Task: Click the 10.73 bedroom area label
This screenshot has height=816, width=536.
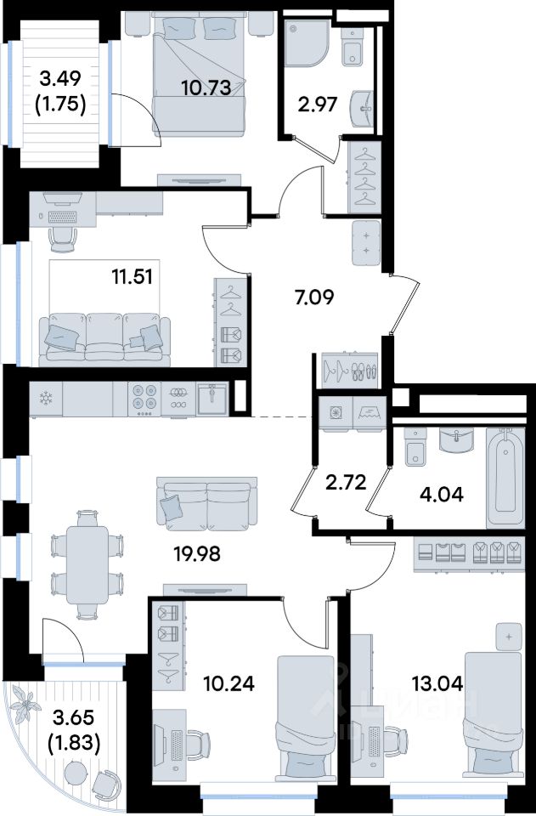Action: pos(206,88)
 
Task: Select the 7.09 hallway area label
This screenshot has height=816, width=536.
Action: pos(314,297)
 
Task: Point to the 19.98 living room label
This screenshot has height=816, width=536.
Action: pos(197,554)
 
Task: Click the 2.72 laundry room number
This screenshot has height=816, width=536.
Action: pos(346,482)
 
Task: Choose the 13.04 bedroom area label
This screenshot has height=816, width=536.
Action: pos(437,683)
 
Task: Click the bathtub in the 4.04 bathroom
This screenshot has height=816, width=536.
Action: pos(505,478)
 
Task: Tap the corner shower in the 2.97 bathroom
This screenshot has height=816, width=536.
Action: pos(307,43)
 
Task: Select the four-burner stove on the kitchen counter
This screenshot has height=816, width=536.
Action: pos(144,399)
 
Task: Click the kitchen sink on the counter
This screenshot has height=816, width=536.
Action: pos(212,399)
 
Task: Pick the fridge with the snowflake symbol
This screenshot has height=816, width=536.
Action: pos(46,399)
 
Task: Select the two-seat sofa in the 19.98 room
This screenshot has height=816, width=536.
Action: pos(207,502)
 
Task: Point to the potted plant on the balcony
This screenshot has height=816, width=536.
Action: pos(25,703)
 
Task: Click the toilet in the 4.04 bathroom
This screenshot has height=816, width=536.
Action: pos(415,448)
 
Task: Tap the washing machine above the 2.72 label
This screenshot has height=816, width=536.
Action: pos(336,413)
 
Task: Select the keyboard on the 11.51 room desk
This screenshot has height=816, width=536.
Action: pos(62,217)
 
